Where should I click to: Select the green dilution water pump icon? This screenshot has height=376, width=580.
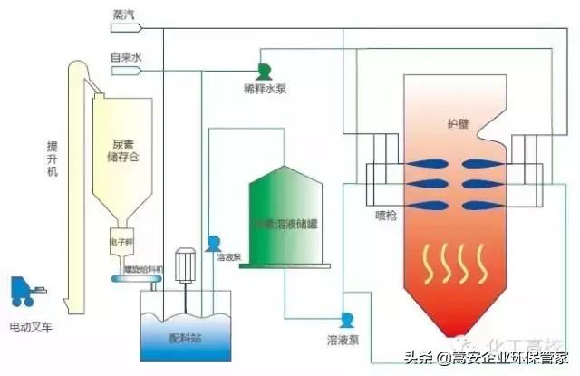(264, 70)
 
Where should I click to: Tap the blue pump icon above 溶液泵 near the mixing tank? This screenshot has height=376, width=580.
(214, 243)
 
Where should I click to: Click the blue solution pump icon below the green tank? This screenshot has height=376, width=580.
(346, 320)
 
